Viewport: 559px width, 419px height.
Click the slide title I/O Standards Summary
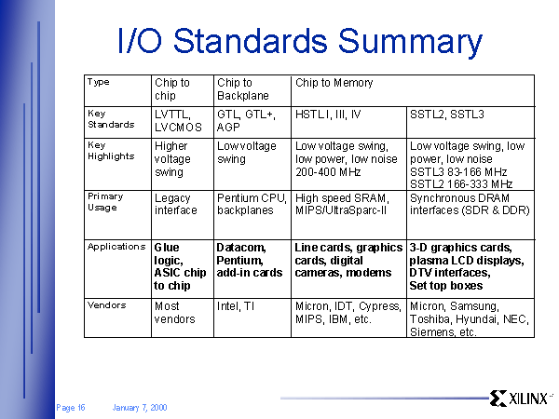(300, 42)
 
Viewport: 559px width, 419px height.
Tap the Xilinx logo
(520, 399)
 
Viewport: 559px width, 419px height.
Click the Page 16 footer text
(71, 408)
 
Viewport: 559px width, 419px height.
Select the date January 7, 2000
(140, 408)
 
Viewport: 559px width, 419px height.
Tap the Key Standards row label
(111, 119)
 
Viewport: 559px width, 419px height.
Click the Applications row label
(116, 247)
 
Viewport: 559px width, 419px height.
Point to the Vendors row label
(106, 305)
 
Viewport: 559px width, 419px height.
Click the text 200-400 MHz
(328, 172)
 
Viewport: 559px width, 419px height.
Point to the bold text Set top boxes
(446, 286)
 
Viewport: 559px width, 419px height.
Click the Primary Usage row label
(105, 202)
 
